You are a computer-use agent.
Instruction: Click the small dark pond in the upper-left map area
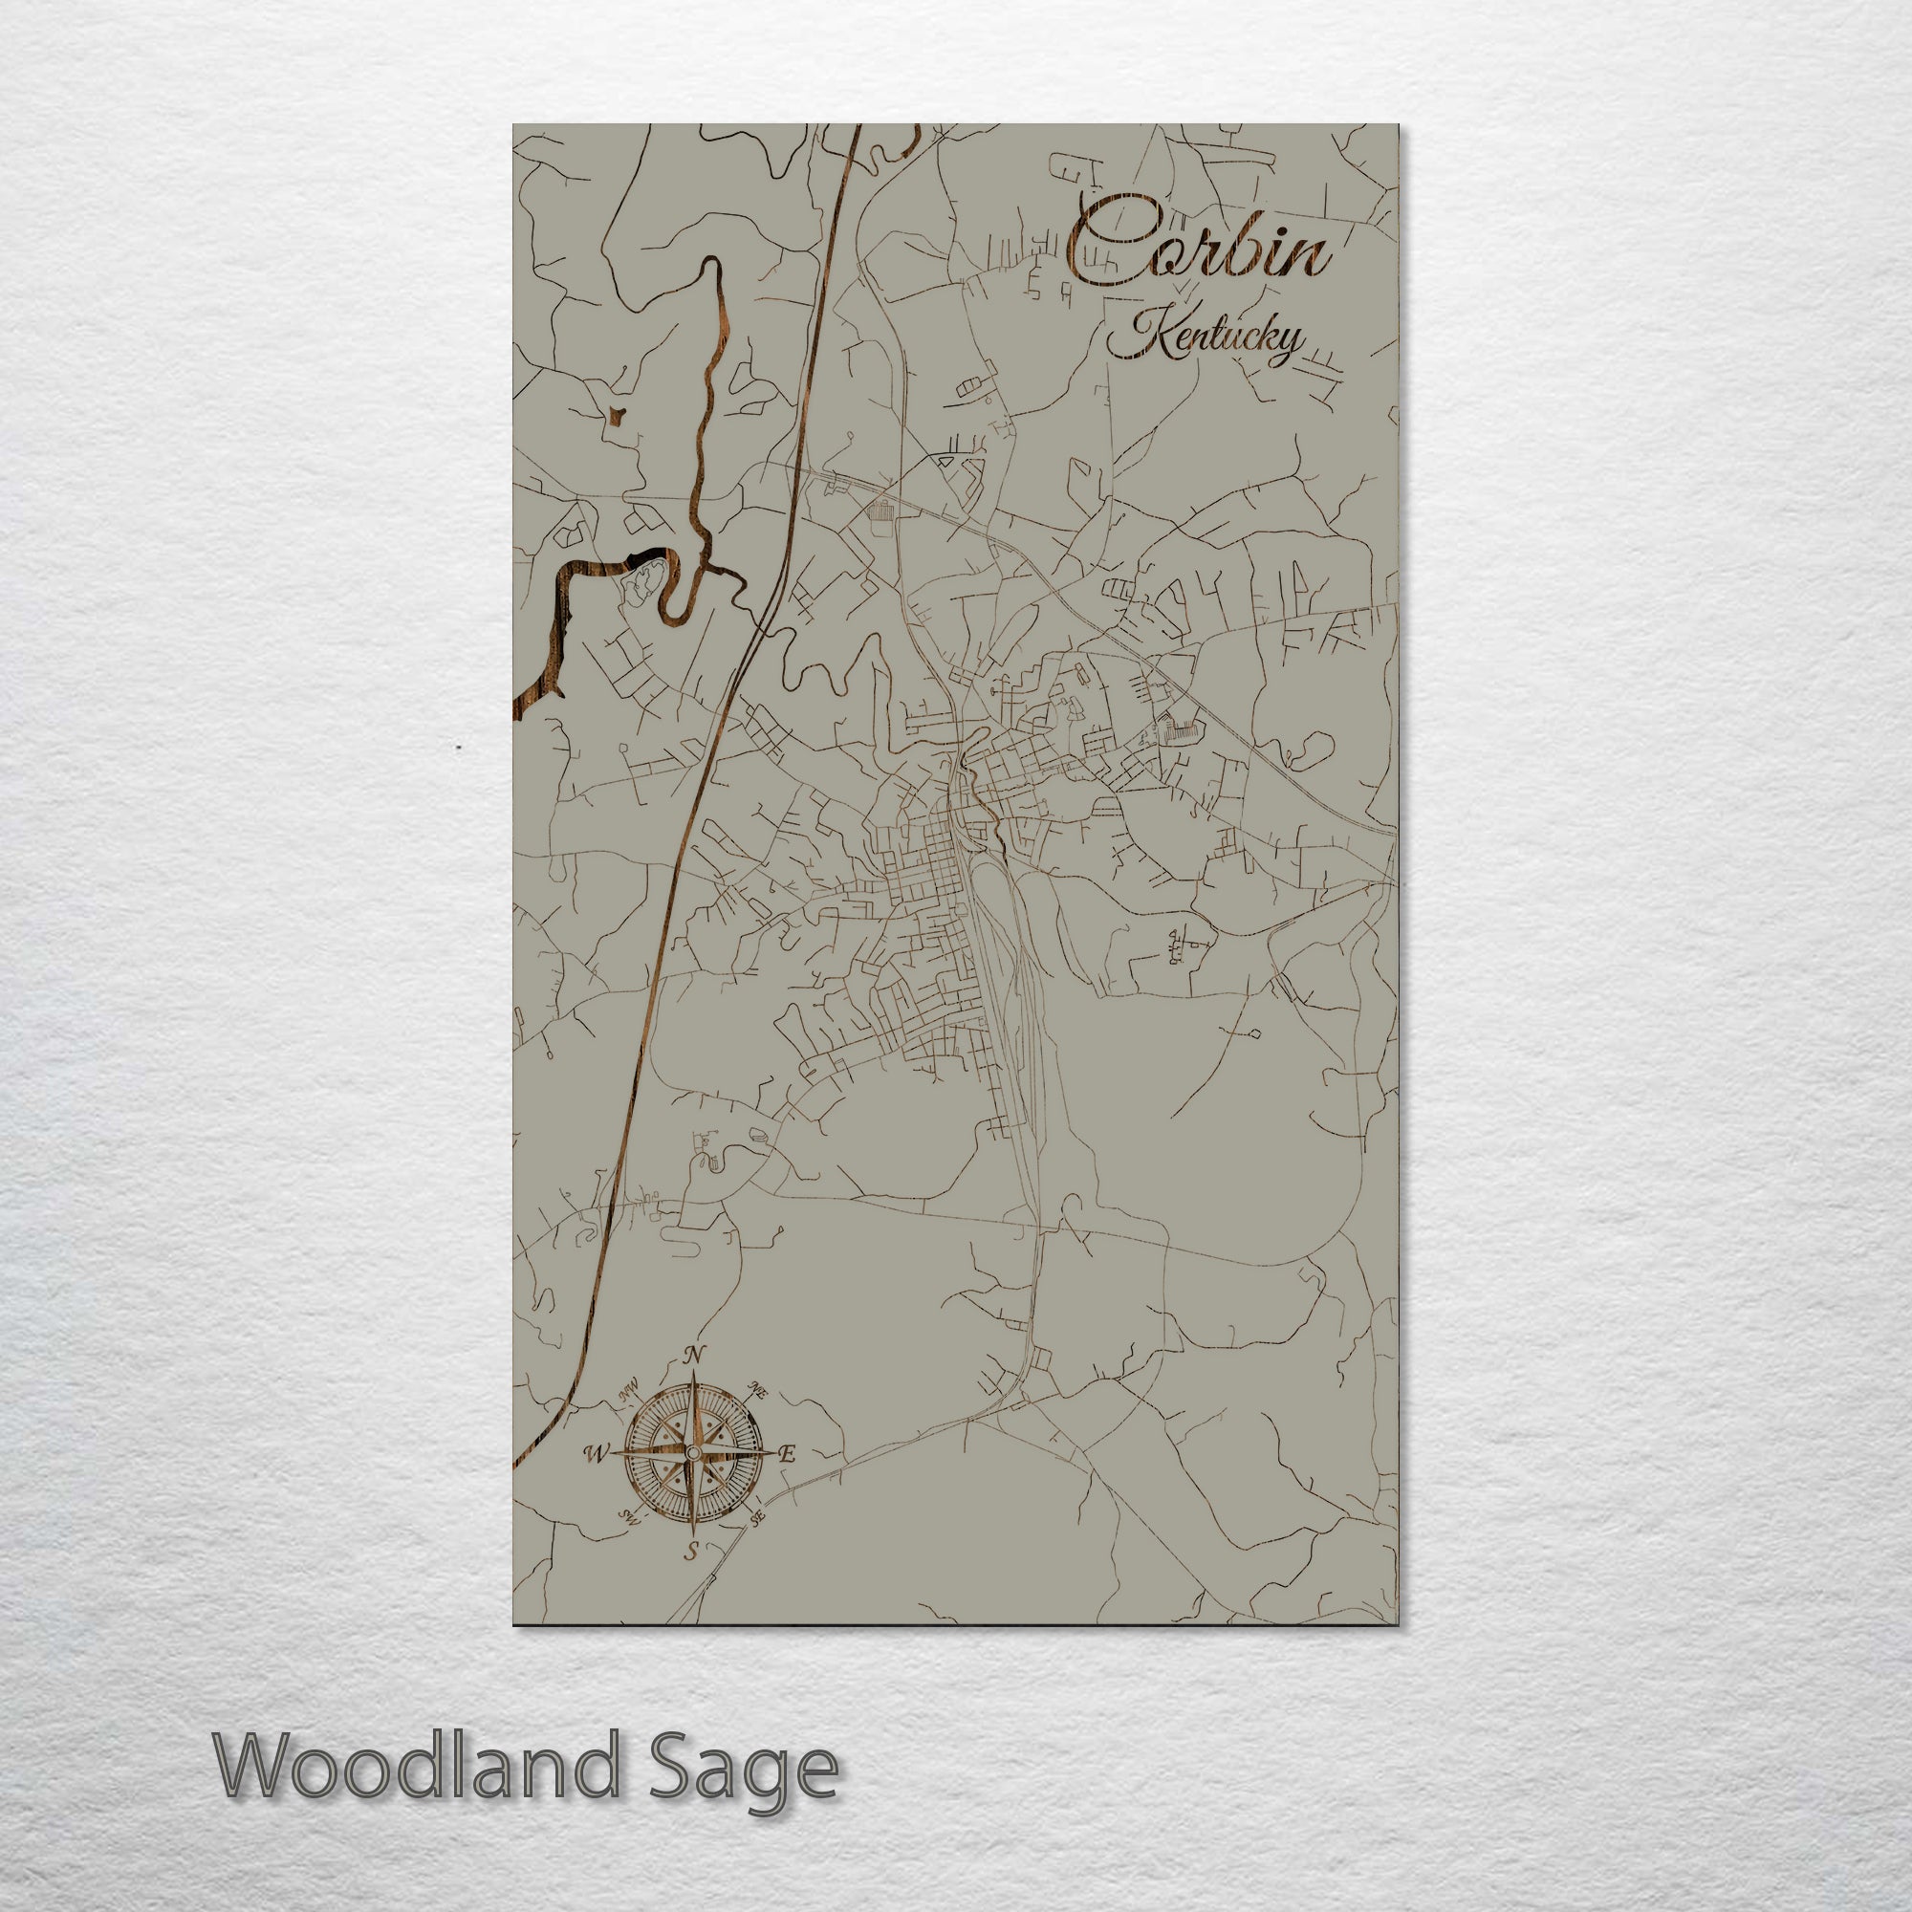pos(618,419)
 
